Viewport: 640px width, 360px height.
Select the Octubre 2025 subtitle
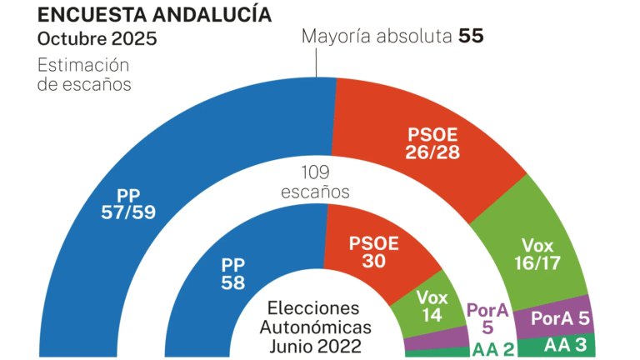coord(97,39)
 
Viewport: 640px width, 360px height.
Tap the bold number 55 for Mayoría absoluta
coord(470,37)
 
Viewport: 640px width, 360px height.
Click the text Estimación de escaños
coord(84,74)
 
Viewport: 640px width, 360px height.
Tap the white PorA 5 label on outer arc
coord(560,318)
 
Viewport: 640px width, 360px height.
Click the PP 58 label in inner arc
coord(237,272)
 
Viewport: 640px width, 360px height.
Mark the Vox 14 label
coord(431,305)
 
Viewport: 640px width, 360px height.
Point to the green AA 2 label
coord(492,348)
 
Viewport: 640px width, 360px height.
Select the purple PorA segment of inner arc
coord(436,338)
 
